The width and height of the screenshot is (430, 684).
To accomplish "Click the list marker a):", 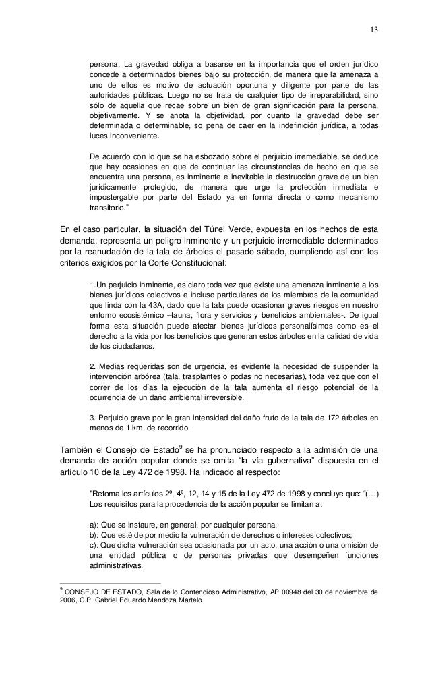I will point(95,525).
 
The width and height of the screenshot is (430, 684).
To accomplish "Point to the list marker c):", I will point(95,546).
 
